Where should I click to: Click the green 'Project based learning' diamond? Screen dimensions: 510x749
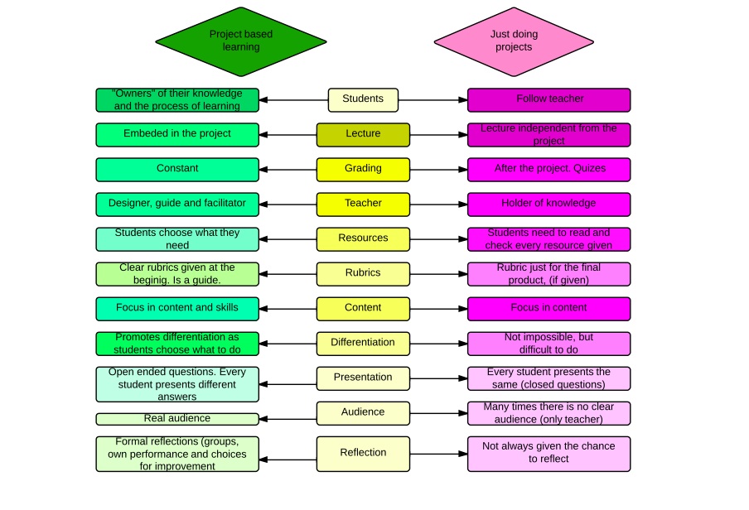(240, 41)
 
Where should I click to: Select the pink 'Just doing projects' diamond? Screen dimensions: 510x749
(514, 41)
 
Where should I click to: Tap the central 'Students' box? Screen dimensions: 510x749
(363, 99)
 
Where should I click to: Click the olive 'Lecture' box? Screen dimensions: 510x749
(363, 134)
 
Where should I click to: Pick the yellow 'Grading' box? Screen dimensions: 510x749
(363, 169)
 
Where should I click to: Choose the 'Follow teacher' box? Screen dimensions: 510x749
(548, 99)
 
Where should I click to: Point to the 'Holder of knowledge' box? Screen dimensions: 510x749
(548, 204)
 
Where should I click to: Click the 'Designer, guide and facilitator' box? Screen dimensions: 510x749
(177, 204)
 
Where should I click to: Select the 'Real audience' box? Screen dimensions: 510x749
(177, 419)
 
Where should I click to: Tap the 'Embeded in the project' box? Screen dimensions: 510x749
(177, 134)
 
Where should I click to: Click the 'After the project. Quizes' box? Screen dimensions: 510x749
(548, 169)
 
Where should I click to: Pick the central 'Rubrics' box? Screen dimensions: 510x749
(363, 273)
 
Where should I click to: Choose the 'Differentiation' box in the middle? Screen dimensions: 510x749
(363, 343)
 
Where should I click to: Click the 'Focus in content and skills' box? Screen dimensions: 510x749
(177, 308)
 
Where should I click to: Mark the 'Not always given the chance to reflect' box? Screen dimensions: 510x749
(548, 453)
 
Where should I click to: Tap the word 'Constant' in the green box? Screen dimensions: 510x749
(177, 169)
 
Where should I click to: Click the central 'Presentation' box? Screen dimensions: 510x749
(363, 378)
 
